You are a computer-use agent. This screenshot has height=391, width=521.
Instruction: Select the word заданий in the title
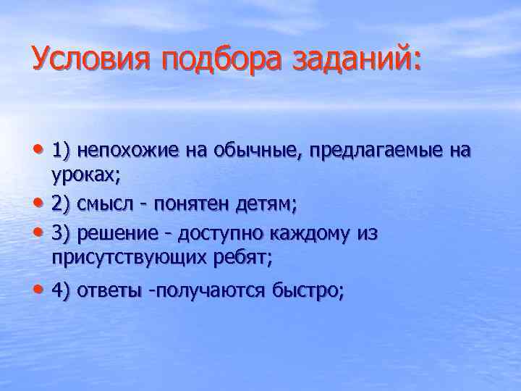coord(354,58)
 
